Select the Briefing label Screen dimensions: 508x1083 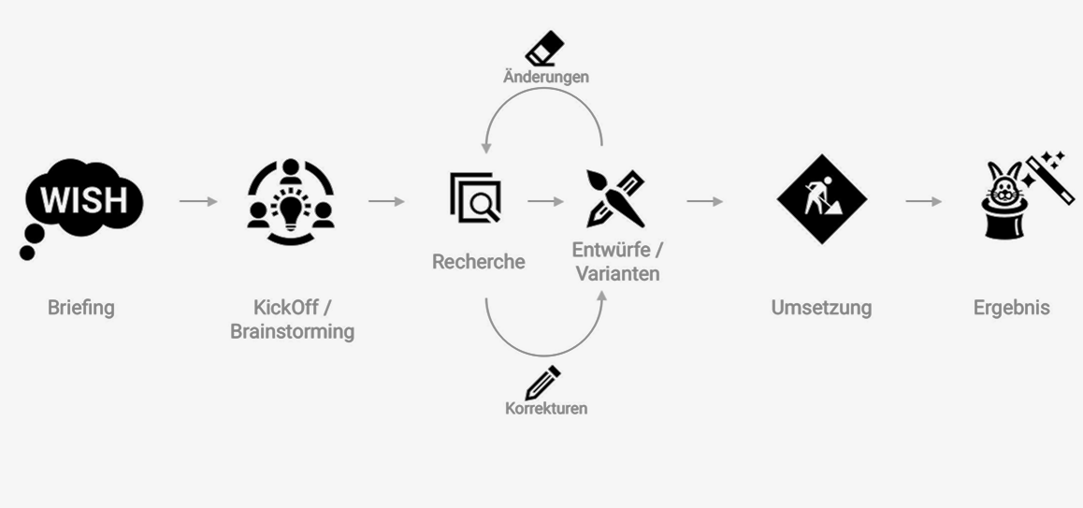click(81, 308)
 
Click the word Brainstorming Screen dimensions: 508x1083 click(292, 332)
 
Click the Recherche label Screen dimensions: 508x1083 click(478, 262)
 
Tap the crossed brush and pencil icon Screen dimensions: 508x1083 click(615, 198)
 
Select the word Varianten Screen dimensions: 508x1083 click(617, 274)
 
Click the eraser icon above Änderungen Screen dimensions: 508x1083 click(544, 47)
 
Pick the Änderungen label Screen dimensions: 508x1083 click(546, 77)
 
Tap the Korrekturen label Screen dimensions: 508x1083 click(546, 409)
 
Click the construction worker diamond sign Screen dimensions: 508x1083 click(821, 199)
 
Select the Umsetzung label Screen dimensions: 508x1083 click(821, 308)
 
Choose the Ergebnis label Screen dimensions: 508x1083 click(1011, 308)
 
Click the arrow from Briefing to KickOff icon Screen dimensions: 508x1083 click(197, 201)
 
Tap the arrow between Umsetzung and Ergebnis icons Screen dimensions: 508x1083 click(923, 201)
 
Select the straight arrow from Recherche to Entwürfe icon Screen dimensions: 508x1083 click(545, 201)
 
